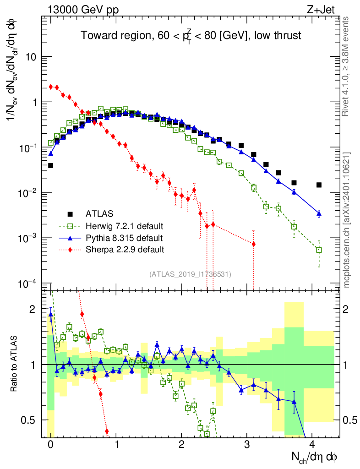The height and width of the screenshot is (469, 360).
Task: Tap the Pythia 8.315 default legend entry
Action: pyautogui.click(x=124, y=238)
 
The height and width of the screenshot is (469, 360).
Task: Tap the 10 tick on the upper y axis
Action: pyautogui.click(x=31, y=57)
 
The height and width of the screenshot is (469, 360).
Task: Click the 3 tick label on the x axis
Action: pyautogui.click(x=247, y=446)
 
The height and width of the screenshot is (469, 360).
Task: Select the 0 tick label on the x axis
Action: pyautogui.click(x=50, y=446)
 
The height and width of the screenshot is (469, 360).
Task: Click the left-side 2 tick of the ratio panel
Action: pyautogui.click(x=32, y=310)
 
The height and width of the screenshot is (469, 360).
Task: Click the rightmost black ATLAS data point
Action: pyautogui.click(x=319, y=185)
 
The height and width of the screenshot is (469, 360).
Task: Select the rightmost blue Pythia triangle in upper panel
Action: pyautogui.click(x=319, y=213)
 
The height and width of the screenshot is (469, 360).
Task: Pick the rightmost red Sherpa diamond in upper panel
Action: pyautogui.click(x=253, y=244)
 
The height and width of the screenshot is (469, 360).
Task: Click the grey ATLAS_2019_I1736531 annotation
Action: pyautogui.click(x=191, y=274)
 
